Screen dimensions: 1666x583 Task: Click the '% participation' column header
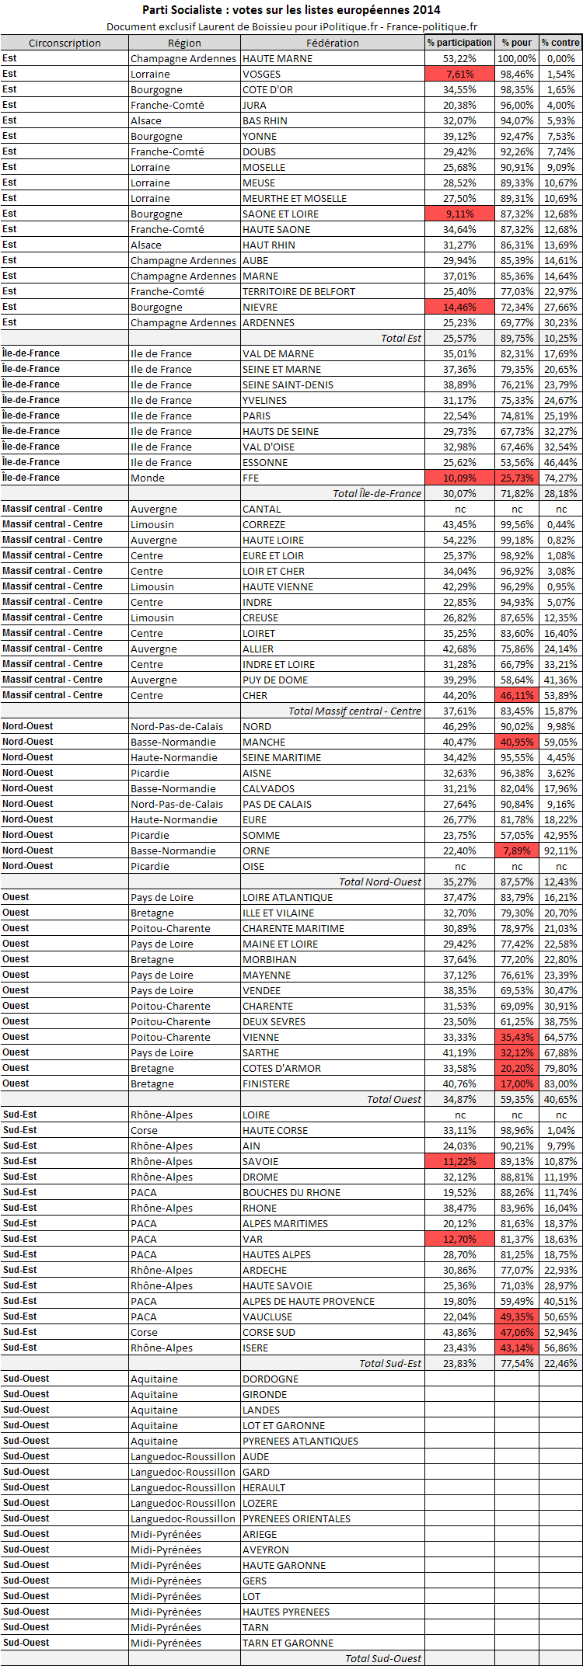pos(459,43)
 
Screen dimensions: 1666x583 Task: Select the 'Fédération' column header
pos(332,43)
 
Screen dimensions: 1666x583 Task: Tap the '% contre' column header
pos(560,43)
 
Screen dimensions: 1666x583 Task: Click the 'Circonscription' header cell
pos(65,43)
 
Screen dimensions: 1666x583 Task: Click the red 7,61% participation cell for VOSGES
pos(459,74)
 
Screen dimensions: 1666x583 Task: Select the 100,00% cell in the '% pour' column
pos(517,58)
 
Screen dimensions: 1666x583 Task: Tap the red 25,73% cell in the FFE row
pos(517,478)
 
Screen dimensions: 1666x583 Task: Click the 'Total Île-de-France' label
pos(376,493)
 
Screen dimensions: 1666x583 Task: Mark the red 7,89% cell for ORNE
pos(517,850)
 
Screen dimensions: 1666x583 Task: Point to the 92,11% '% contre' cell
pos(560,850)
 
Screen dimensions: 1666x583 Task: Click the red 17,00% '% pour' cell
pos(517,1083)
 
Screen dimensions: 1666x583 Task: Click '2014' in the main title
pos(427,9)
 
